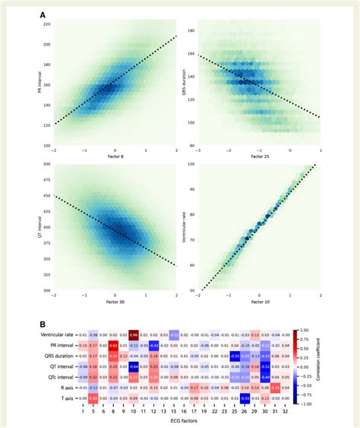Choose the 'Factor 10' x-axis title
(x=258, y=302)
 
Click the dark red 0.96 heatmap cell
(x=134, y=334)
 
